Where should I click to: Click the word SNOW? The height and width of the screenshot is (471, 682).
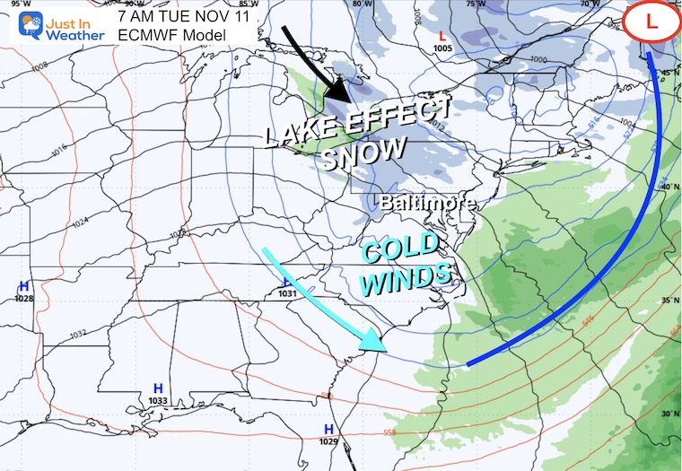[363, 154]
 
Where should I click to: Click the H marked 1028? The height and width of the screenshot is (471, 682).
[23, 285]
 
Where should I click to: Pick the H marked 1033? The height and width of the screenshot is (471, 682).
[158, 388]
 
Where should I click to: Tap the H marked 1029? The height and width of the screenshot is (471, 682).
[328, 429]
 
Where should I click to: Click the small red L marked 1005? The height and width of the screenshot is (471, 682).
[442, 37]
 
